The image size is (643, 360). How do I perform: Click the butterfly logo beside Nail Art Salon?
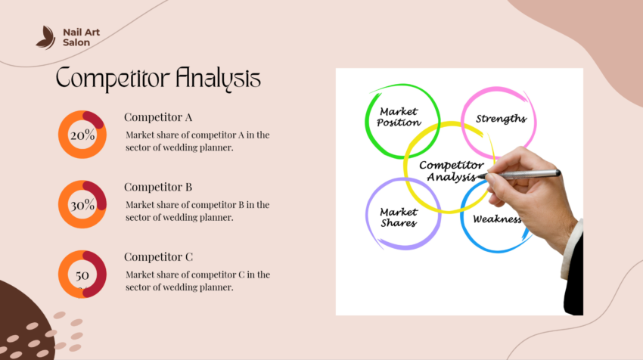46,37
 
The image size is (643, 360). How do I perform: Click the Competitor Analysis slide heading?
159,78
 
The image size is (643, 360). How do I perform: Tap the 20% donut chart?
82,135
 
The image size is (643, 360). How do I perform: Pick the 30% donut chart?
82,205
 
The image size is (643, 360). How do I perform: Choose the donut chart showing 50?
82,275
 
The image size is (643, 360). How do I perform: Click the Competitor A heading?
158,117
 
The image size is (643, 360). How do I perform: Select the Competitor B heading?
158,187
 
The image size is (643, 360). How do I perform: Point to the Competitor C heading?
158,256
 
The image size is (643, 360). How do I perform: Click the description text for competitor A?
197,141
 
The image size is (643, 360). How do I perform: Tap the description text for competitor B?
197,211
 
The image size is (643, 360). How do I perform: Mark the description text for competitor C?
197,281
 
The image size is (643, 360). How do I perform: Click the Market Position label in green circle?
399,117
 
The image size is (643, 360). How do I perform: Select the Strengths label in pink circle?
500,119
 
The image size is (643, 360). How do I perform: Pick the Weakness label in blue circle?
497,219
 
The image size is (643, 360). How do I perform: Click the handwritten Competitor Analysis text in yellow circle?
451,171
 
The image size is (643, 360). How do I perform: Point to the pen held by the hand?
522,175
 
